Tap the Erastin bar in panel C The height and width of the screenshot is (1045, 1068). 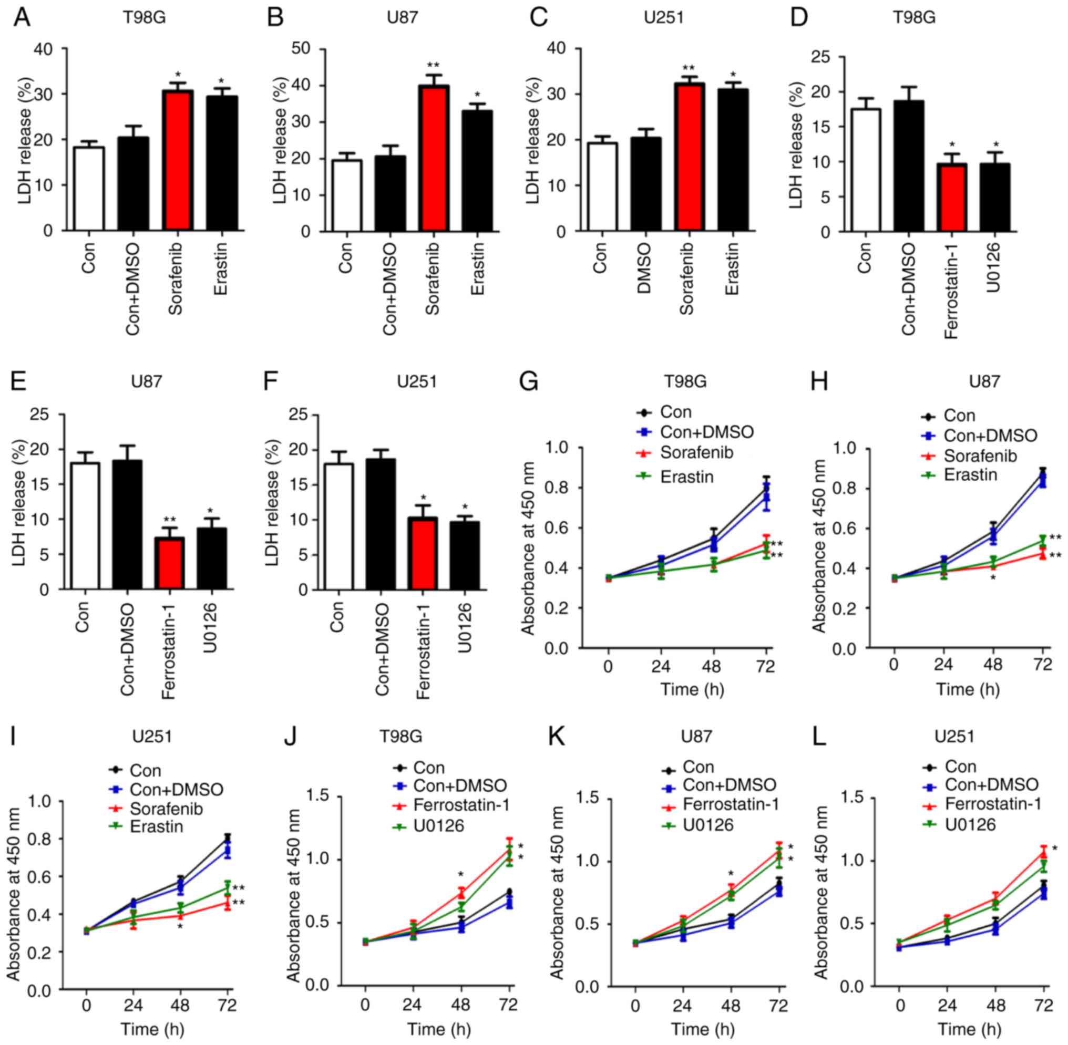732,159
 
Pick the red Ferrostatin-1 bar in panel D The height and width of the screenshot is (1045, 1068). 952,197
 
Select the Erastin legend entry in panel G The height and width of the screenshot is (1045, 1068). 686,477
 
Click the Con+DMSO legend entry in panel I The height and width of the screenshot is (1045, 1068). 176,789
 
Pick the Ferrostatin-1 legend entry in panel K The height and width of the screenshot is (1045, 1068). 730,804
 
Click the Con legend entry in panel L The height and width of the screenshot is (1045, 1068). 960,766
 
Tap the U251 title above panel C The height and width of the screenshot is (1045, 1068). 664,17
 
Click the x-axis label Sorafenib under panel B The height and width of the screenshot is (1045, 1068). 432,280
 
